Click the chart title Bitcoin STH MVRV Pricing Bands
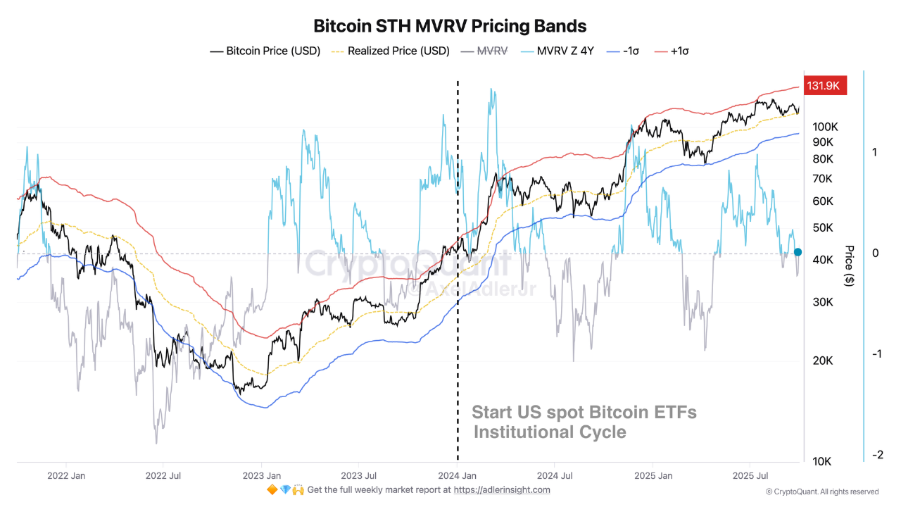tap(450, 26)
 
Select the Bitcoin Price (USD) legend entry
tap(265, 51)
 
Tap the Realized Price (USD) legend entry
tap(391, 51)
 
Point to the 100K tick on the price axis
tap(824, 127)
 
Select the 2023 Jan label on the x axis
tap(262, 475)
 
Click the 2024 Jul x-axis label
tap(555, 475)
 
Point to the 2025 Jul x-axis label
tap(750, 475)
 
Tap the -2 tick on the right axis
tap(877, 455)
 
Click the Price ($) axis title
tap(849, 265)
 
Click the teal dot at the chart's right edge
tap(798, 252)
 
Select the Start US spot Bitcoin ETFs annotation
tap(584, 413)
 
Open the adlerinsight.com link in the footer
tap(502, 490)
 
